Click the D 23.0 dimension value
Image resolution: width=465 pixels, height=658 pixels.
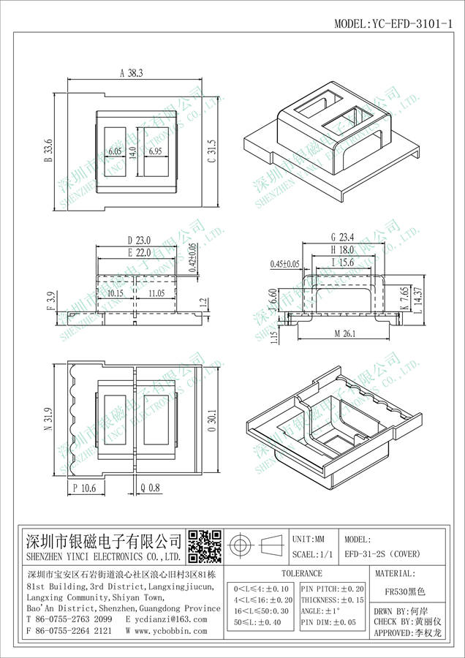pos(138,240)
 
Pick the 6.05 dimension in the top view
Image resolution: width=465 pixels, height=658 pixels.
pos(115,151)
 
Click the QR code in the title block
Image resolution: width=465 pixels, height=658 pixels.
pos(205,545)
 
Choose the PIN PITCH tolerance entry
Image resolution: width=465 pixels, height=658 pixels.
pos(333,588)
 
